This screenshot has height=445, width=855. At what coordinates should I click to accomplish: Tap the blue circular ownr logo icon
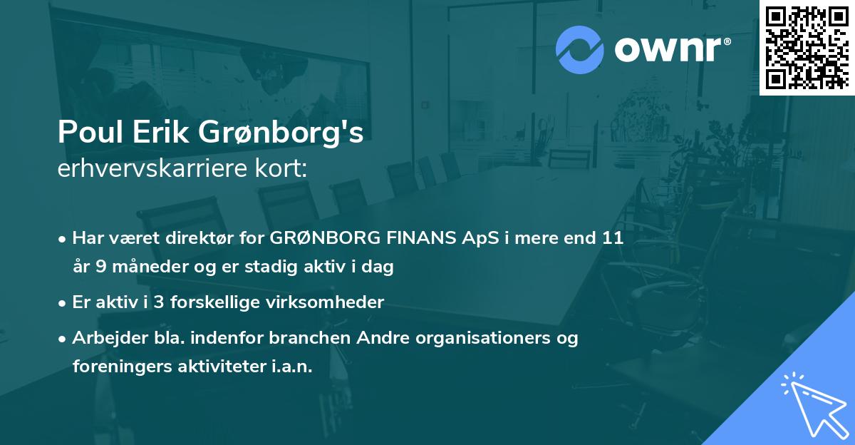(580, 49)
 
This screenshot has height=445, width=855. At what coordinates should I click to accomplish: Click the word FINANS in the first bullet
(420, 239)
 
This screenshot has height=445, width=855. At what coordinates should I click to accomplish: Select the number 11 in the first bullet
(613, 239)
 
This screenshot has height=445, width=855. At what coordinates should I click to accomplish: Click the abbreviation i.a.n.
(293, 366)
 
